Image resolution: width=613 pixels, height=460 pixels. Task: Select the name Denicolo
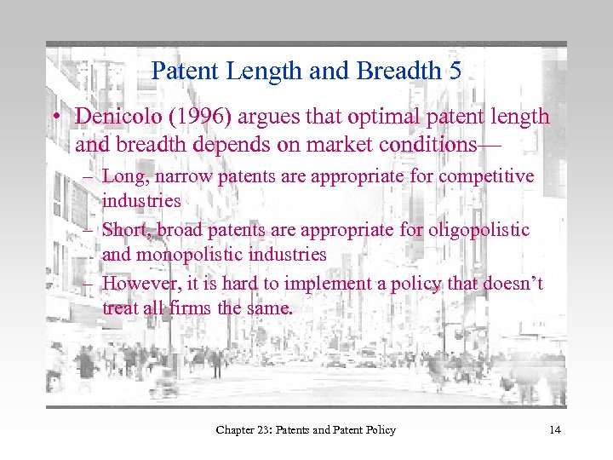[x=112, y=116]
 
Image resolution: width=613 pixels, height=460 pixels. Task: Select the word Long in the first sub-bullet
[x=120, y=176]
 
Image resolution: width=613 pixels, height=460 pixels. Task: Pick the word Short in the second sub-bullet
[x=123, y=230]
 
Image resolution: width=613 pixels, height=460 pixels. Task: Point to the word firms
[x=187, y=308]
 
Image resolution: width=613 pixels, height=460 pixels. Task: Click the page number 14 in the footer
[x=555, y=430]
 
